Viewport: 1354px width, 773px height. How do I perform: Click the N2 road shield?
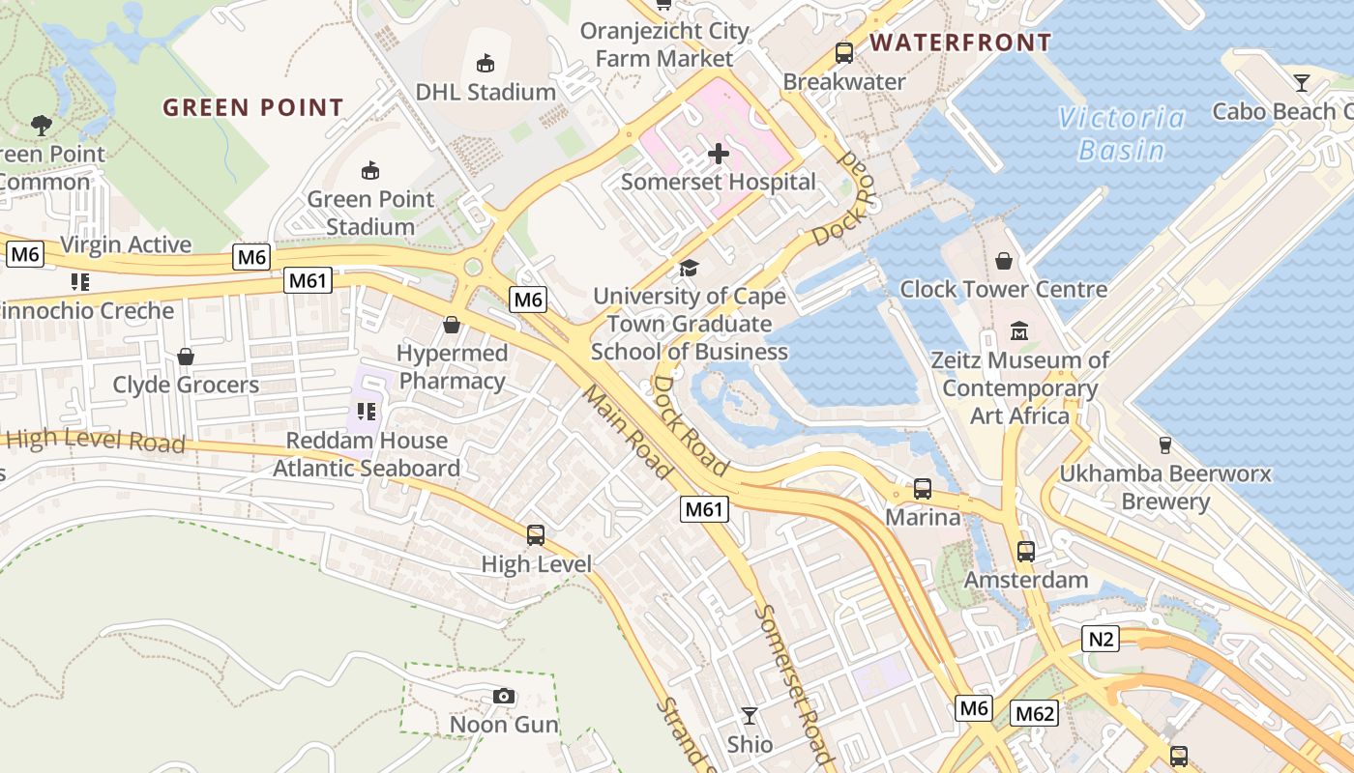(1100, 638)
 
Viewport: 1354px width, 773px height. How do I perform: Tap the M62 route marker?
(1034, 714)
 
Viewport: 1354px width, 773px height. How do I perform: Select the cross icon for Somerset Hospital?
(719, 153)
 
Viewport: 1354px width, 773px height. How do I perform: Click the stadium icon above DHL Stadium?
(486, 64)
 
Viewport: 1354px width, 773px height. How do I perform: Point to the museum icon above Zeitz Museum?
(1019, 331)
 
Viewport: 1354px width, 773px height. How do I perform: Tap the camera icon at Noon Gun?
(503, 696)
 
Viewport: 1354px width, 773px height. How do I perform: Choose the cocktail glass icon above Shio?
(750, 716)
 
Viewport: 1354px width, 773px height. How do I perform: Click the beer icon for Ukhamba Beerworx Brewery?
(1165, 444)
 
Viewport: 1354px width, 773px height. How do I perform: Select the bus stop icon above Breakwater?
(844, 53)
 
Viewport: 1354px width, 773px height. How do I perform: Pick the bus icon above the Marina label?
(923, 489)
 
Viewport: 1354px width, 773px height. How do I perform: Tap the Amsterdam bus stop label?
(1025, 580)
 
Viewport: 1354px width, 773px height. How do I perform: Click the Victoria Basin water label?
(1121, 134)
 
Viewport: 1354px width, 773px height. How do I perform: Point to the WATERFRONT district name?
(959, 43)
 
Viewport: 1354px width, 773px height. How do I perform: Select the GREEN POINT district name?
(253, 107)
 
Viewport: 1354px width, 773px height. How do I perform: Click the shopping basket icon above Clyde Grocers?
(186, 357)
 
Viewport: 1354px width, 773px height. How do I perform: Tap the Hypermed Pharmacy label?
(452, 367)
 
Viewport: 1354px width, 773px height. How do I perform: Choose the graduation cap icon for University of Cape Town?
(689, 268)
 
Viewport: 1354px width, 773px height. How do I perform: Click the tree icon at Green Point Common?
(41, 124)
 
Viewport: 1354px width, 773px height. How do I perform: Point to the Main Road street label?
(627, 433)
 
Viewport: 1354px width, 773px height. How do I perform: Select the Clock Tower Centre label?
(1003, 289)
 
